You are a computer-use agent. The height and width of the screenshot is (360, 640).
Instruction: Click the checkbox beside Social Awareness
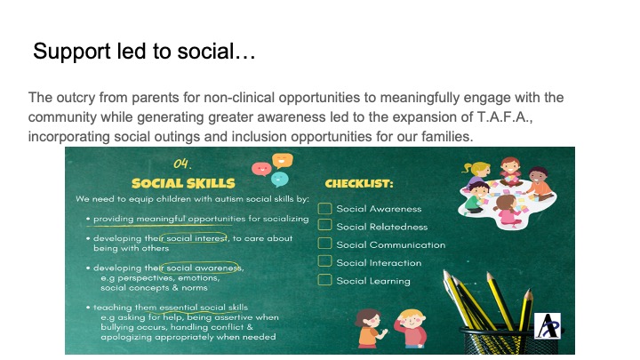click(324, 209)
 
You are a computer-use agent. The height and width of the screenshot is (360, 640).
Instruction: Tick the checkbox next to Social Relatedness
click(324, 225)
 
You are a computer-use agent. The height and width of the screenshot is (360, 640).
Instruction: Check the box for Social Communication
click(324, 243)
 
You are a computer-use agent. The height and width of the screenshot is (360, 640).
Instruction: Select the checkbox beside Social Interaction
click(324, 260)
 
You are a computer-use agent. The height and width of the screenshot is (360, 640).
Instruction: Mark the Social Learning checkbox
click(324, 280)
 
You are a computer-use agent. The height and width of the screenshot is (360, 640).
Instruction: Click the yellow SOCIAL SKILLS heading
click(183, 183)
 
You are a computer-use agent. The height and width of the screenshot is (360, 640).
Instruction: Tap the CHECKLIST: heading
click(359, 184)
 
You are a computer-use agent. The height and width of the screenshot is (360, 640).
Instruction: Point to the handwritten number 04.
click(182, 164)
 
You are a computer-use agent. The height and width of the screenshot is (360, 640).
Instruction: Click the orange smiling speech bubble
click(283, 160)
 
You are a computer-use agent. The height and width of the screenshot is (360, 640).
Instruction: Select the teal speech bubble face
click(280, 180)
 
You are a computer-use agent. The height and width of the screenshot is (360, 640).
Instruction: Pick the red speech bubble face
click(261, 168)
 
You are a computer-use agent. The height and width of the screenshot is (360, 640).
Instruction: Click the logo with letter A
click(548, 325)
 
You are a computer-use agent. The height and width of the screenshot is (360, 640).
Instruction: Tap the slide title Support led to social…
click(144, 52)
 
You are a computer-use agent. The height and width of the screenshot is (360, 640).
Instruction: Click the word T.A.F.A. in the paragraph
click(505, 117)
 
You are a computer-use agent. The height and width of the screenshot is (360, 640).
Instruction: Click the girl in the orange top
click(370, 328)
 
